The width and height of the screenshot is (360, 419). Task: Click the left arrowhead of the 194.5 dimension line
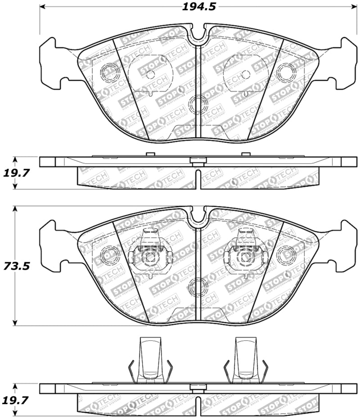click(x=43, y=7)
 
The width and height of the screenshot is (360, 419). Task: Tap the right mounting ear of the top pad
click(x=343, y=63)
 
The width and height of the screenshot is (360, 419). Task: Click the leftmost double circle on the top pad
click(x=109, y=72)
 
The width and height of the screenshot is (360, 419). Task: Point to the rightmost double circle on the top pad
click(x=286, y=72)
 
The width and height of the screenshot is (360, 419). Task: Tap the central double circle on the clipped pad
click(x=198, y=286)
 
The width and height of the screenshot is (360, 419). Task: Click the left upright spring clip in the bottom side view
click(x=150, y=360)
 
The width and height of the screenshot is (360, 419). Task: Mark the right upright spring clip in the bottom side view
click(x=246, y=360)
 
